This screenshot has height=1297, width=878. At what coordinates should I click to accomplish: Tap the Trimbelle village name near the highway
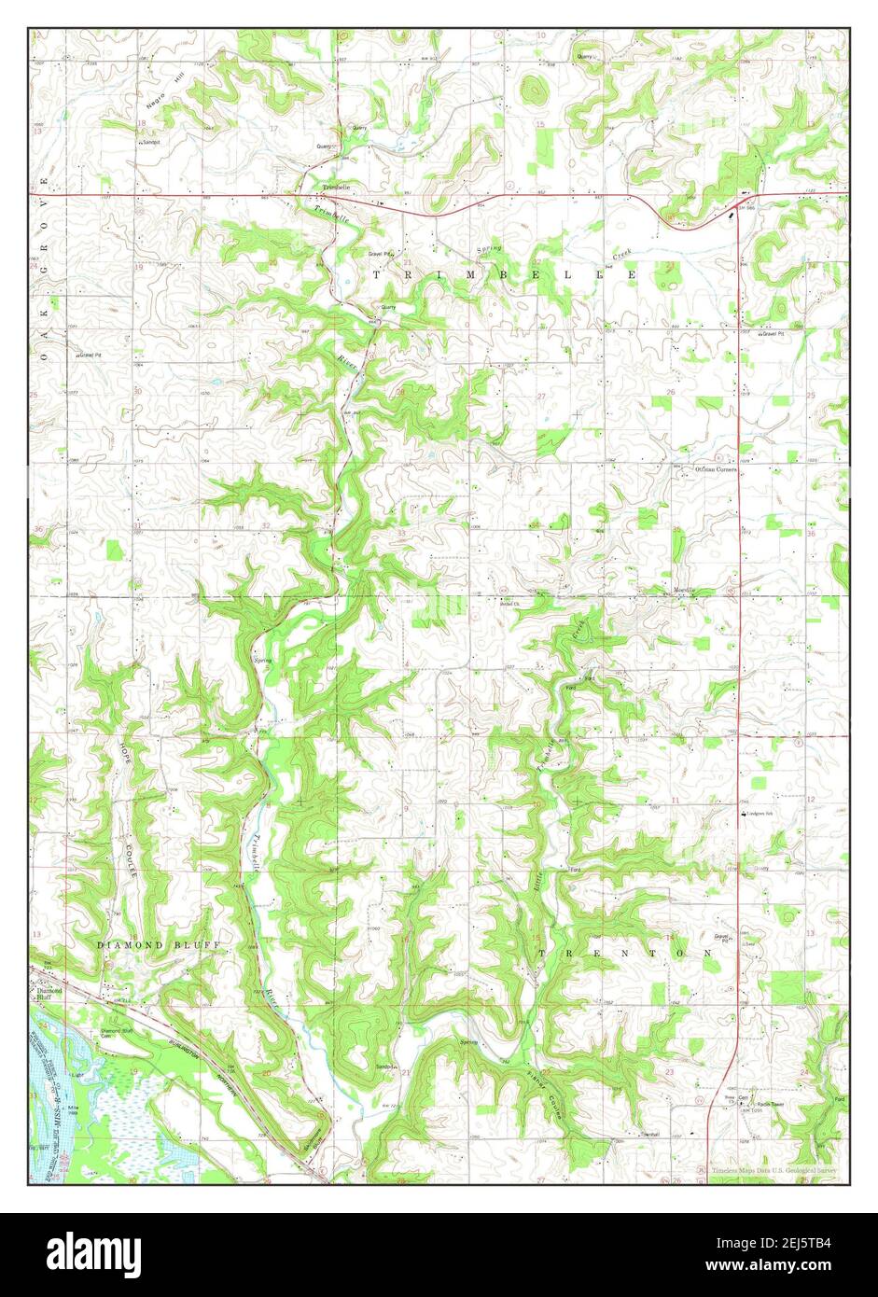point(336,187)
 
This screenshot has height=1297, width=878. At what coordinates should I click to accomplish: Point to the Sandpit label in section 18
point(150,143)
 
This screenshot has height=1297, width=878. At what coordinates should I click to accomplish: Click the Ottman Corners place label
point(715,469)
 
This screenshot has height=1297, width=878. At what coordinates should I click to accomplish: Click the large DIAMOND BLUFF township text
point(159,945)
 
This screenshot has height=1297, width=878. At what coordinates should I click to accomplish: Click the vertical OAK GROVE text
point(41,280)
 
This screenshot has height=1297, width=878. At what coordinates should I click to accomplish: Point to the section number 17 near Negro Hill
point(273,127)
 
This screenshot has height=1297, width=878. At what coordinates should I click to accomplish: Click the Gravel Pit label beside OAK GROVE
point(90,355)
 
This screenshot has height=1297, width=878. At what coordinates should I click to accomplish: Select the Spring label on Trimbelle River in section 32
point(262,660)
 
